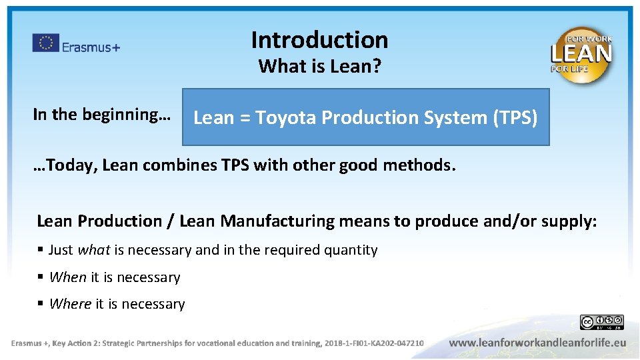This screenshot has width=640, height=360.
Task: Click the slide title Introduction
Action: point(319,40)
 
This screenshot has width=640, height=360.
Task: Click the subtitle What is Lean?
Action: point(319,67)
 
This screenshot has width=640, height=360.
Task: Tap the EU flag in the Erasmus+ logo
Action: point(45,43)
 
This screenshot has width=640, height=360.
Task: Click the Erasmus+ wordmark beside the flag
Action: point(91,47)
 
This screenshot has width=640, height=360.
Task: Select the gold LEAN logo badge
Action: point(581,55)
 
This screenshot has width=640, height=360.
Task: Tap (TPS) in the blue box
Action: point(515,118)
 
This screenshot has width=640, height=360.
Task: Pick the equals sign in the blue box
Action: point(245,119)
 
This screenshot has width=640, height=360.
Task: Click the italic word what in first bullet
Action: point(94,251)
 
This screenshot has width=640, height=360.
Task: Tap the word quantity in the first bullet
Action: point(351,251)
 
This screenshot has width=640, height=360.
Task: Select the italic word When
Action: point(68,277)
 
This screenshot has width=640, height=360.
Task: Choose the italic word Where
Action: point(70,305)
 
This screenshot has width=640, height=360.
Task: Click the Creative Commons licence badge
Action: point(601,323)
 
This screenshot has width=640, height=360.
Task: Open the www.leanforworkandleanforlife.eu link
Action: point(537,343)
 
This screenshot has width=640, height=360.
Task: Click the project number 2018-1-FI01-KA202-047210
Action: point(373,343)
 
